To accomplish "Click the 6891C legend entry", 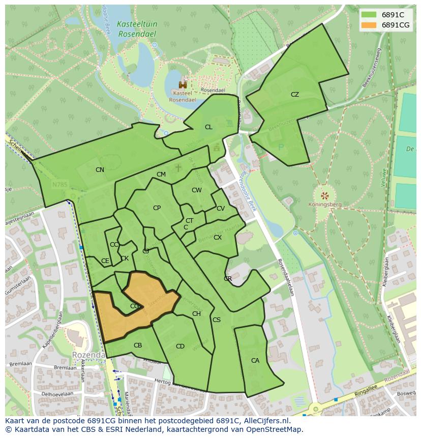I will (385, 14).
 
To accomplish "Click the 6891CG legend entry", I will (385, 25).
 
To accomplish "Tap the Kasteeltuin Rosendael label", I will (136, 28).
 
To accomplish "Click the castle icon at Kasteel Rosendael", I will (182, 85).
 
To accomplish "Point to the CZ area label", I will (295, 95).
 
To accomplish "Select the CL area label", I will (208, 127).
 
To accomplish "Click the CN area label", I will (100, 170).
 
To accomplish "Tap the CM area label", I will (161, 174).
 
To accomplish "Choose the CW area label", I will (197, 190).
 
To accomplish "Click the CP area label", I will (157, 208).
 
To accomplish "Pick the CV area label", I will (221, 209).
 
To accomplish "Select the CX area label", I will (218, 238).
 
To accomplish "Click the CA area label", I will (255, 361).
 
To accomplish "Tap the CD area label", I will (180, 346).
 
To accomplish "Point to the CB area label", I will (138, 345).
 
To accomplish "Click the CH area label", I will (196, 314).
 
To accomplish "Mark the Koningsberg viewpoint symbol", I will (324, 195).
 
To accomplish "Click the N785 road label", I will (59, 185).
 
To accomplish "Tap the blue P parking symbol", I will (281, 148).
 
